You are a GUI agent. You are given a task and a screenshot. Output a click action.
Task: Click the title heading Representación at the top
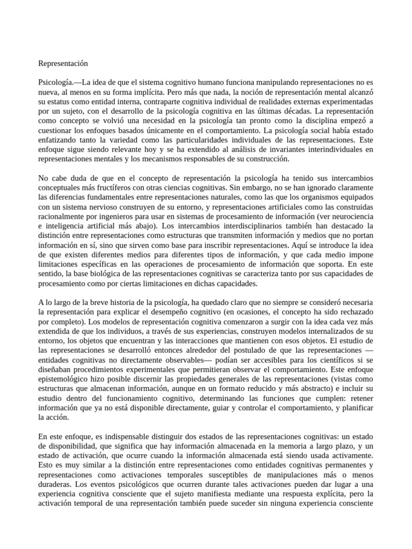pyautogui.click(x=63, y=63)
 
